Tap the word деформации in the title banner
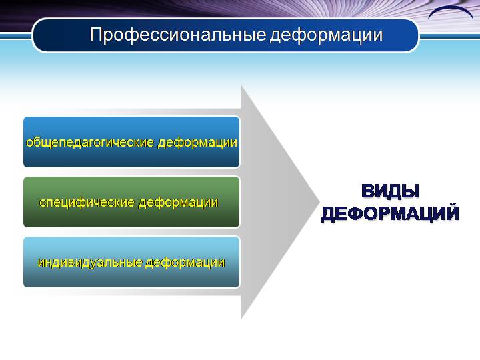[326, 35]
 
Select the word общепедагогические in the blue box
[90, 143]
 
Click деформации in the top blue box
[197, 143]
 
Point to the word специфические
[87, 203]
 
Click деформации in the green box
[179, 203]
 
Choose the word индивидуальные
[90, 263]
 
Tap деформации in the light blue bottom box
[185, 263]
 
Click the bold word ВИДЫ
[390, 191]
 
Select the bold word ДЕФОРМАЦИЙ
[390, 213]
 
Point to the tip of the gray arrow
[319, 202]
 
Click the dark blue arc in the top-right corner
[451, 11]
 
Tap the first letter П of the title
[95, 34]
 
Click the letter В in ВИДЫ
[367, 191]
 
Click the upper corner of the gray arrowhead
[241, 86]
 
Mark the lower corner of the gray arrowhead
[241, 319]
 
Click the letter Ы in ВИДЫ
[411, 191]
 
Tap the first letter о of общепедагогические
[30, 143]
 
